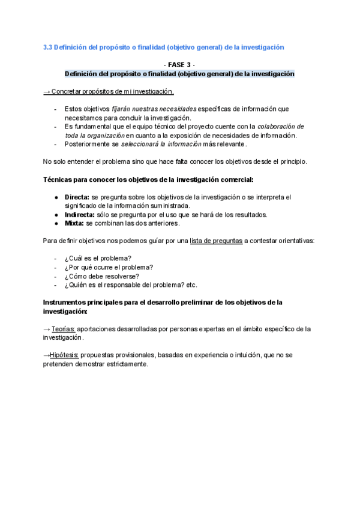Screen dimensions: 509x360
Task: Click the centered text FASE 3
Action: pos(179,64)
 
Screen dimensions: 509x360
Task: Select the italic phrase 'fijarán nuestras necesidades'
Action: pos(154,109)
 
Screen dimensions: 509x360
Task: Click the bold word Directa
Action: pos(77,197)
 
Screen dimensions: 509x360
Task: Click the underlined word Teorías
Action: pos(63,329)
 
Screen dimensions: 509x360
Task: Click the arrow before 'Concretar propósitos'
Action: pos(47,92)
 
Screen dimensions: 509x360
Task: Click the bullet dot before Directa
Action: pos(56,197)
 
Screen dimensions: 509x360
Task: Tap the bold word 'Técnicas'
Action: pos(59,179)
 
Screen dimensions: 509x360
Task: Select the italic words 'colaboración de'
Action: pos(281,127)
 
